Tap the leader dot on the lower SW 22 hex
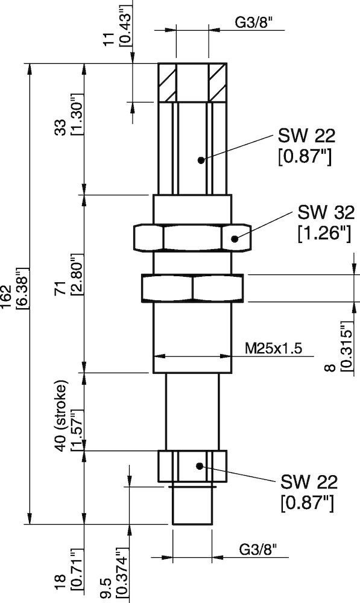pyautogui.click(x=200, y=466)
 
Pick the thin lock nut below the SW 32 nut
pyautogui.click(x=192, y=288)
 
